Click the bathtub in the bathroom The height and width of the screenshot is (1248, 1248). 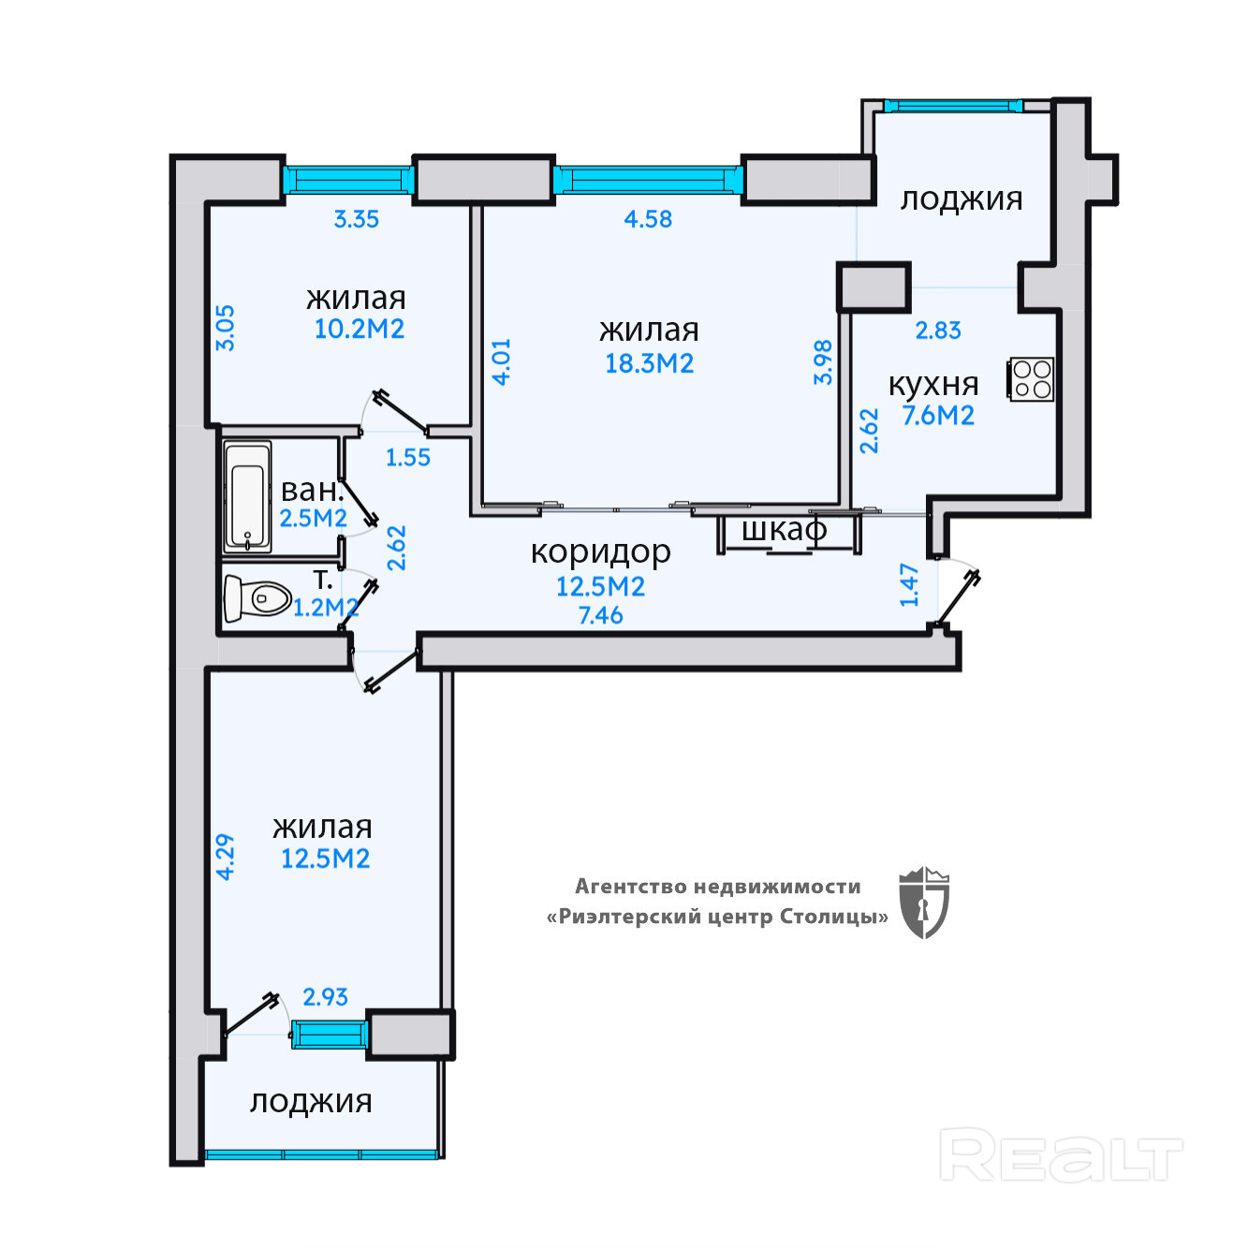click(x=247, y=497)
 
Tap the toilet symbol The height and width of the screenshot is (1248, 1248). click(x=257, y=597)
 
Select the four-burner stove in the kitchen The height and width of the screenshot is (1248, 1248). click(x=1030, y=379)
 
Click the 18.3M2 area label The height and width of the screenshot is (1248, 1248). click(x=649, y=363)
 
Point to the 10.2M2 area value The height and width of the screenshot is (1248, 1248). click(x=359, y=329)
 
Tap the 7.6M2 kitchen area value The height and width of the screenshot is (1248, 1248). click(x=938, y=415)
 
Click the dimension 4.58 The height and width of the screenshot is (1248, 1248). click(x=648, y=219)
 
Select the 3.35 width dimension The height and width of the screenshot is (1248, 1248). click(x=356, y=219)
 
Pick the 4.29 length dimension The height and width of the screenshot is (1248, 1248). click(x=226, y=856)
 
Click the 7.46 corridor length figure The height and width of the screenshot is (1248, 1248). click(x=600, y=614)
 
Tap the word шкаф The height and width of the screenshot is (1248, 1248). click(x=785, y=530)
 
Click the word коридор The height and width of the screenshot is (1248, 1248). click(x=600, y=552)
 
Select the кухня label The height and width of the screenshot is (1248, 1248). click(x=933, y=385)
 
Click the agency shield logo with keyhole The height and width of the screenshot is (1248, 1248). click(x=924, y=903)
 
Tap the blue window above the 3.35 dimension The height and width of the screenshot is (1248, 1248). click(x=348, y=180)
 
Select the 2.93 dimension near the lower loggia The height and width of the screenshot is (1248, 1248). click(x=325, y=997)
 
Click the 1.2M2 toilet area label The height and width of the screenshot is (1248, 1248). click(x=326, y=608)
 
